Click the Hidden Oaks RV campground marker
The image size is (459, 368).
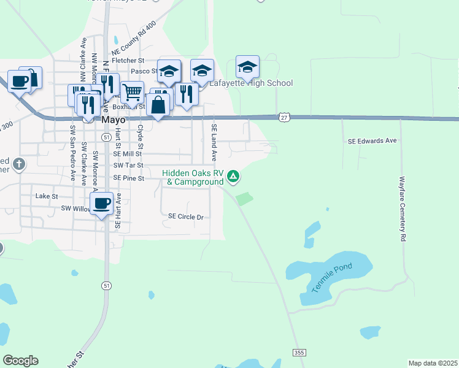[233, 177]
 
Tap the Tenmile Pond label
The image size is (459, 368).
[331, 273]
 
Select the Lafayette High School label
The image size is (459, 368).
[252, 83]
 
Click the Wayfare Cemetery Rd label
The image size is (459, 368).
[403, 209]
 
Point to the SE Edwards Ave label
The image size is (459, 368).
[372, 141]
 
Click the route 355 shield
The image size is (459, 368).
[299, 353]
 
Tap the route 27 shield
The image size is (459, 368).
[283, 116]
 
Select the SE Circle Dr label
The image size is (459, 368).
[185, 217]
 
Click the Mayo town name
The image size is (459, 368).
[114, 121]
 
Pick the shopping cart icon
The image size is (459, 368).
[132, 93]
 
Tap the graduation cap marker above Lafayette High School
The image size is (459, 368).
[247, 67]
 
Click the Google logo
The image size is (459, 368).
[20, 361]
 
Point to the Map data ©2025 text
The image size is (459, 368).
[432, 363]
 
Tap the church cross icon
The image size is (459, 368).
[19, 164]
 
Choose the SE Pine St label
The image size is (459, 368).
[128, 178]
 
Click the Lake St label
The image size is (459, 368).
[46, 196]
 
